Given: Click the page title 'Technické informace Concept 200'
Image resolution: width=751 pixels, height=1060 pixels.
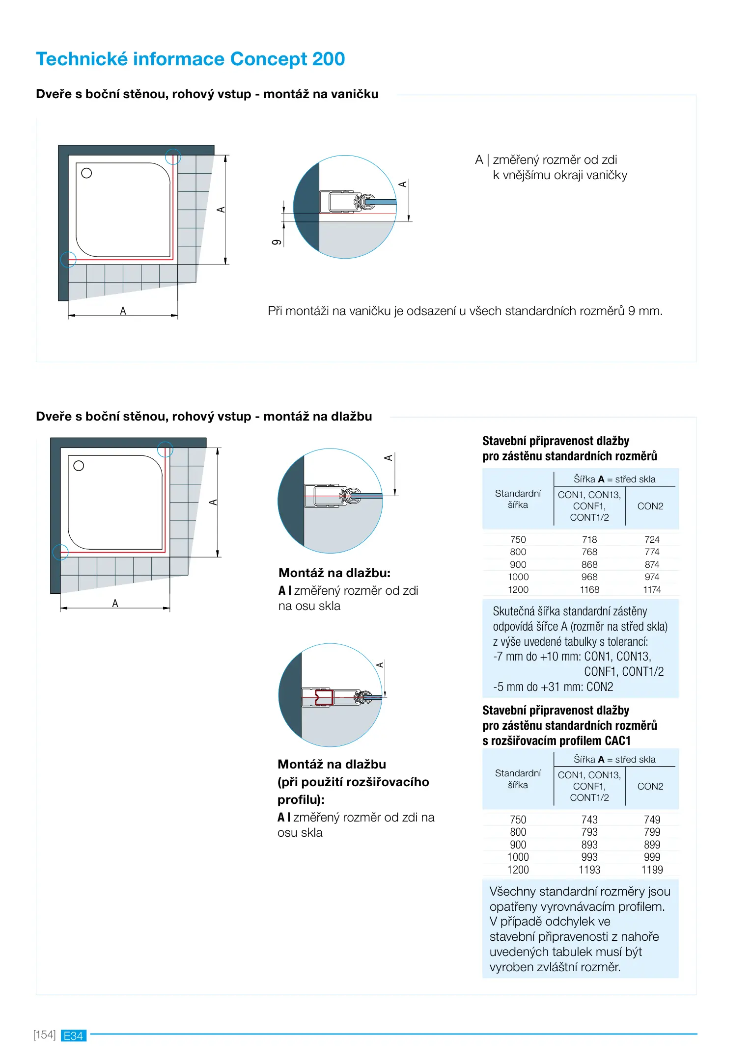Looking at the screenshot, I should point(190,59).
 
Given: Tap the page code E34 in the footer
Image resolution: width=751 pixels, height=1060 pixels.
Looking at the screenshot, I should point(74,1035).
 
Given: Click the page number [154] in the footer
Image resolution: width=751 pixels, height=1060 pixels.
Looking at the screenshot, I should point(44,1035).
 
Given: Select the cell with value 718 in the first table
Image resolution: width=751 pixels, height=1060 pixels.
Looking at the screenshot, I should point(589,539).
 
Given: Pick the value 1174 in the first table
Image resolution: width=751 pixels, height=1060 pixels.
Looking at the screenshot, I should point(652,589).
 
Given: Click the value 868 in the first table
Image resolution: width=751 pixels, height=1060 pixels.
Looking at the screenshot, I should point(589,564).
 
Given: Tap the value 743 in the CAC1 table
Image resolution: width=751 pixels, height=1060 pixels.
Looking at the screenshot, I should point(589,820).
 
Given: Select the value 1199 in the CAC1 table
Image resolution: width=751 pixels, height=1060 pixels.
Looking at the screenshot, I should point(652,870).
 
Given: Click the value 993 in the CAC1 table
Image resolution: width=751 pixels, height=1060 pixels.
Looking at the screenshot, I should point(589,857).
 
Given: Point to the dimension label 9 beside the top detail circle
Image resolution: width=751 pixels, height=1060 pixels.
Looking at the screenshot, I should point(277,242).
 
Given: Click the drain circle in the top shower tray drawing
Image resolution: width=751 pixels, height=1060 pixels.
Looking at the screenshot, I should point(86,173).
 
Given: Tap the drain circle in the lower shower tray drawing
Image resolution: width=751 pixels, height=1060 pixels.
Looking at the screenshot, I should point(79,466).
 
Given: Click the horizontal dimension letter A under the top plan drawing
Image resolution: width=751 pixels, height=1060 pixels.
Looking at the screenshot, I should point(123,311).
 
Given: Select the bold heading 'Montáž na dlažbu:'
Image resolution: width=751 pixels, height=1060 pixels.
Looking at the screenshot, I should point(334,573).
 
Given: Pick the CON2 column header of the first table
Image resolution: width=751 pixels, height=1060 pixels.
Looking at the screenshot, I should point(650,506).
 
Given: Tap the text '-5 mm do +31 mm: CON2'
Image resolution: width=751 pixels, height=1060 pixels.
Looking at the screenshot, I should point(553,687).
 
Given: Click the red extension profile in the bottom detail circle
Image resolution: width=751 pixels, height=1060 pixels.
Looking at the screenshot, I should point(323,697).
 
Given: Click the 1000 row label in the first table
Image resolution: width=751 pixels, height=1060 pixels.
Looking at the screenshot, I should point(518,577).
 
